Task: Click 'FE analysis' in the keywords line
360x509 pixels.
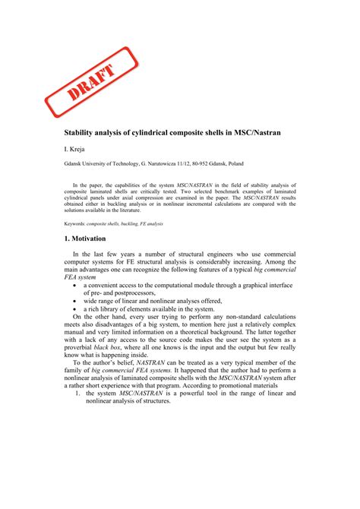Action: [151, 225]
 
